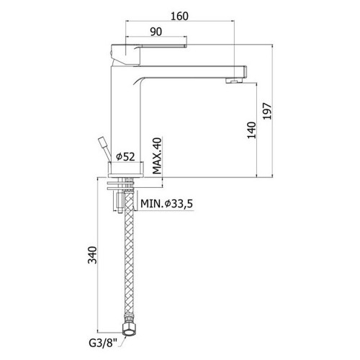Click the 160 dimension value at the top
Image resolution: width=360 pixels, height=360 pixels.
tap(179, 16)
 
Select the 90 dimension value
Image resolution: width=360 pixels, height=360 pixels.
tap(156, 32)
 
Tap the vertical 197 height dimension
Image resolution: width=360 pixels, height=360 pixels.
tap(267, 111)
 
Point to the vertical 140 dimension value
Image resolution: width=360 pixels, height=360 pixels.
tap(251, 130)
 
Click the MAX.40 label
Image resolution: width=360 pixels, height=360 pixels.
tap(157, 156)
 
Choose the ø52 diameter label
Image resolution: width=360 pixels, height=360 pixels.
tap(125, 157)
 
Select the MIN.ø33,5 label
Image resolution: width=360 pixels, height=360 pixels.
tap(166, 204)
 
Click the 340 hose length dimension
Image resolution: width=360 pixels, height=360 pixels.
tap(92, 255)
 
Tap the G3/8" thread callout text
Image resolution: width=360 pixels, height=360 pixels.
tap(103, 343)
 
